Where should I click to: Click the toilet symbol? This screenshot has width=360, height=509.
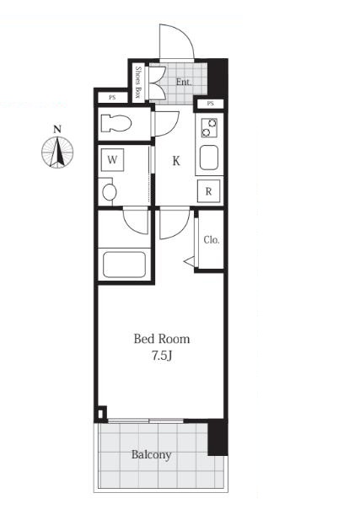click(x=116, y=123)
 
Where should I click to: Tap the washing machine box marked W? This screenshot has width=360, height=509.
click(x=112, y=160)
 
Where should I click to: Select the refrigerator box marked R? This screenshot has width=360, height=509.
click(x=209, y=190)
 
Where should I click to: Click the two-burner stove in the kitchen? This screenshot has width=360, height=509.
click(x=209, y=127)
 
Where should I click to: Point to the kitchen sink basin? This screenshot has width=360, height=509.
click(x=209, y=158)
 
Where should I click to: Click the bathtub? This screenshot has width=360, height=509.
click(x=124, y=265)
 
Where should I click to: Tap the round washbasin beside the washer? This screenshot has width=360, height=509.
click(x=110, y=192)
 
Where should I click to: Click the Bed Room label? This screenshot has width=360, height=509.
click(x=162, y=339)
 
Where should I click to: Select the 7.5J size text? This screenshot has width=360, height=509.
click(x=162, y=356)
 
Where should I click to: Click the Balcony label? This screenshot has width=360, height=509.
click(x=151, y=455)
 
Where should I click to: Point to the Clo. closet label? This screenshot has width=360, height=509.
click(x=212, y=240)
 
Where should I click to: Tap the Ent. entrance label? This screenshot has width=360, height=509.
click(x=184, y=82)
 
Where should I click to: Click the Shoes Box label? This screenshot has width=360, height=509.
click(x=138, y=82)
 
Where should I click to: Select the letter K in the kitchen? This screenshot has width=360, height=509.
click(x=176, y=161)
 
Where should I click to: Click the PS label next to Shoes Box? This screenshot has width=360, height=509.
click(x=112, y=97)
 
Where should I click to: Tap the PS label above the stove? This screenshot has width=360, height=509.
click(x=211, y=104)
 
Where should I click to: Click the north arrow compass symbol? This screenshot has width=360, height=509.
click(x=57, y=153)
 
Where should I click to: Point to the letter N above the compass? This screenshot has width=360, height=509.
click(x=57, y=130)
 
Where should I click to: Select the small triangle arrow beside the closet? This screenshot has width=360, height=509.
click(x=189, y=261)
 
